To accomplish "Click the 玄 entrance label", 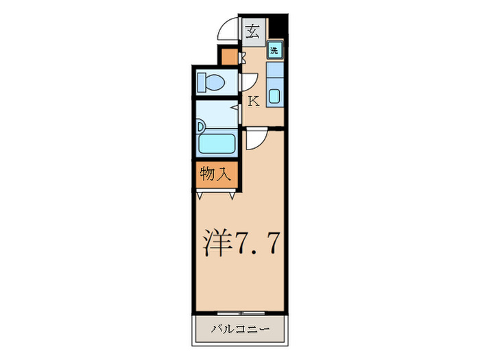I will point(253,30).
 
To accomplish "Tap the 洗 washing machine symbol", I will point(274,49).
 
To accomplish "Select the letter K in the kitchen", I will point(252,101).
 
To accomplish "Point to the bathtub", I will point(217,144).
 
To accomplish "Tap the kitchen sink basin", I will point(274,97).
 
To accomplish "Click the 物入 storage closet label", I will point(215,173).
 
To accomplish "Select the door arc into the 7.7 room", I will point(255,141).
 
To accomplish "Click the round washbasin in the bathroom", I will point(200,126).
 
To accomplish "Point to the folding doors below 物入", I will point(217,194).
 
